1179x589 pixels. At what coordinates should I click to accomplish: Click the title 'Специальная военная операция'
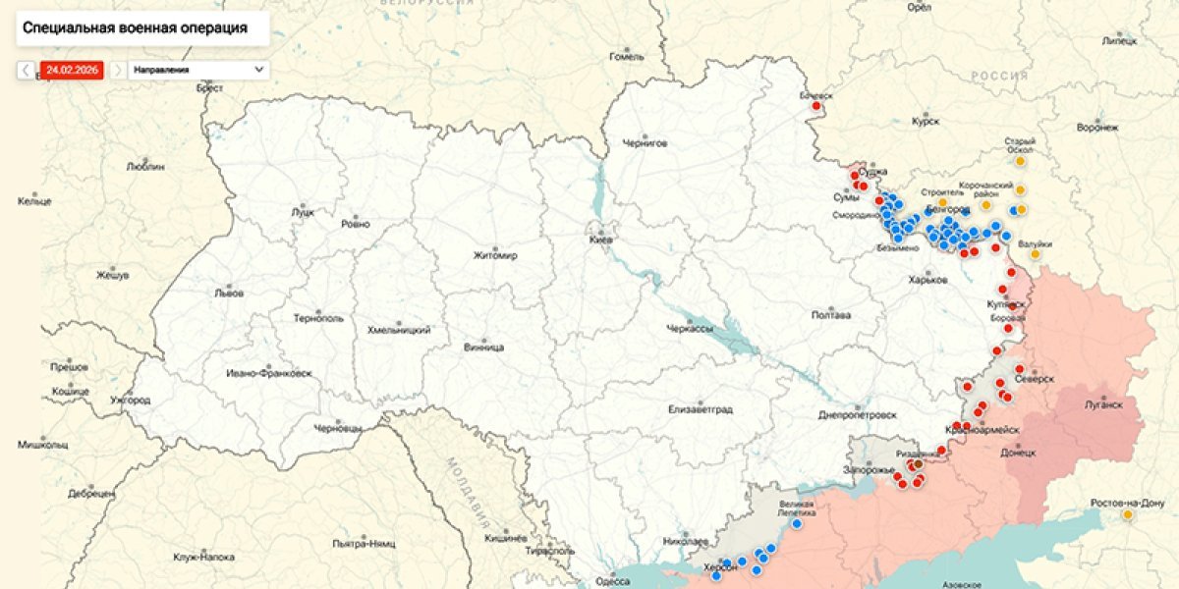point(135,28)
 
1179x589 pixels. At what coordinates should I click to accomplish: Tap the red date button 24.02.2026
point(71,71)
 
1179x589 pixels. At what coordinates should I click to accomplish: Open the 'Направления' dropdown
point(197,71)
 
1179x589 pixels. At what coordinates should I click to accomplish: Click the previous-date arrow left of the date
point(27,71)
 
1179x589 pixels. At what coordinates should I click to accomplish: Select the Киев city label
point(600,240)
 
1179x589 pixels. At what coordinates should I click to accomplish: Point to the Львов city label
point(228,293)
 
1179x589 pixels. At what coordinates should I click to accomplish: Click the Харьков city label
point(928,280)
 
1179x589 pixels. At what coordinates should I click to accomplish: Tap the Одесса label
point(613,581)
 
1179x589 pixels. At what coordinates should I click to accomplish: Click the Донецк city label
point(1018,453)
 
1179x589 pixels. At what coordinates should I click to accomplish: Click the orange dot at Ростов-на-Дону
point(1128,514)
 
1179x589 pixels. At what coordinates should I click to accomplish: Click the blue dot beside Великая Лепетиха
point(797,523)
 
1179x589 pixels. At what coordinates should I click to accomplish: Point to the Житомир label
point(495,255)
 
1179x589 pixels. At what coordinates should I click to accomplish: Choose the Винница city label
point(483,348)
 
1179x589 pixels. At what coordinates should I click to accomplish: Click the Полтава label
point(831,315)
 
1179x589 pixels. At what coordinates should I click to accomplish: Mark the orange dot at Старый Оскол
point(1020,160)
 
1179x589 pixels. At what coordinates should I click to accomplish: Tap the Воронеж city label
point(1097,128)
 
